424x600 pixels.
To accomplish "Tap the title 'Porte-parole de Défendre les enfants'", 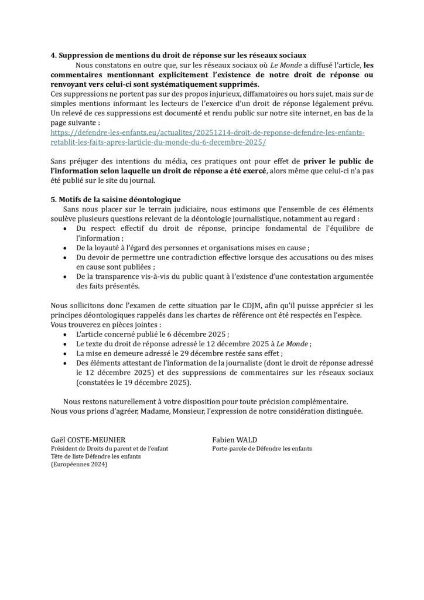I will [262, 449].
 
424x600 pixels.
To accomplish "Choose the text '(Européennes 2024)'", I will [79, 464].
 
